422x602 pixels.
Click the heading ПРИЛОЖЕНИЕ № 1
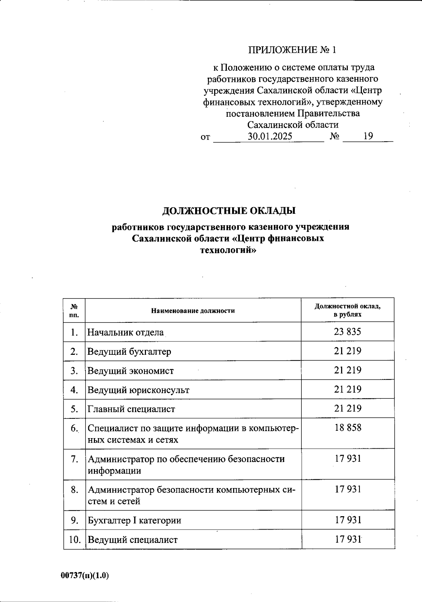click(x=292, y=50)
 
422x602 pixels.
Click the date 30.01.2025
click(x=270, y=136)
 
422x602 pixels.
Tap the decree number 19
click(x=368, y=136)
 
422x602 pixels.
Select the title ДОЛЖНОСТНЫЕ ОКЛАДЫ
click(x=229, y=211)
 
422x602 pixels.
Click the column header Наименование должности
click(x=193, y=311)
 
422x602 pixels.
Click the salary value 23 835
click(x=347, y=332)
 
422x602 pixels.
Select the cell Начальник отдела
click(x=126, y=332)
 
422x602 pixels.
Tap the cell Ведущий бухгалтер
click(x=129, y=351)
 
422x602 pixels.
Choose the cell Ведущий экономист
click(x=130, y=371)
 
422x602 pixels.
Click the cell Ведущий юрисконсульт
click(x=138, y=390)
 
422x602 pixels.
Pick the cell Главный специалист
click(x=131, y=409)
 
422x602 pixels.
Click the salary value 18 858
click(x=347, y=428)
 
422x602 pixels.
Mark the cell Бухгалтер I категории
click(x=134, y=520)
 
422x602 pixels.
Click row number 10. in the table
click(x=75, y=539)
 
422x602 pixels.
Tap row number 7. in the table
click(x=74, y=459)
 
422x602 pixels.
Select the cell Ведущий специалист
click(x=133, y=540)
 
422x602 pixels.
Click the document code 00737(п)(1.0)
click(x=85, y=576)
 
